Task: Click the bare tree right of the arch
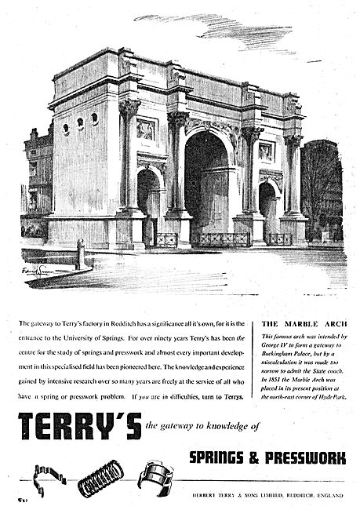point(322,192)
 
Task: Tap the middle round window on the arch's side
point(81,122)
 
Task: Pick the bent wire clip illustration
point(47,474)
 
